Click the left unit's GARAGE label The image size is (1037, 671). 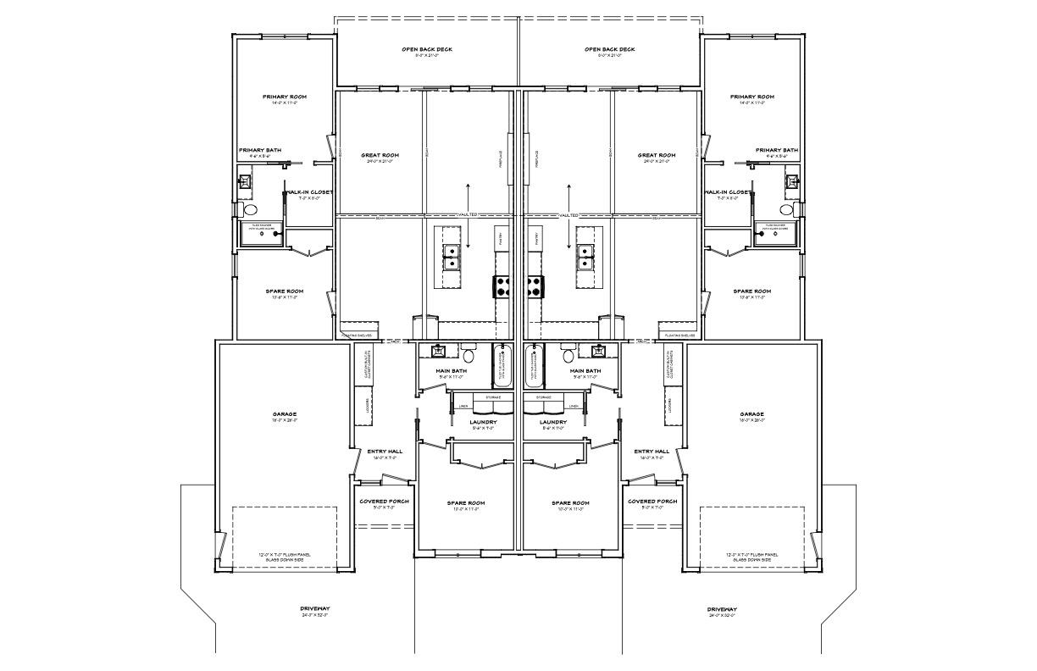click(x=285, y=414)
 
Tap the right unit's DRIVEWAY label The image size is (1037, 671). click(x=722, y=609)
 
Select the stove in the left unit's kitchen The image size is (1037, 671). click(x=501, y=287)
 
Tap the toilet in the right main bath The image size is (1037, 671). click(x=568, y=354)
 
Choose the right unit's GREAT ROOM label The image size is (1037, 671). click(x=657, y=155)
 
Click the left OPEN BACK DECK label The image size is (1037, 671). click(x=427, y=49)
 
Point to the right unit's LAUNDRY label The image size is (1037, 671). click(x=553, y=421)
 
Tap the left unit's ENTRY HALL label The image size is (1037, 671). click(x=385, y=451)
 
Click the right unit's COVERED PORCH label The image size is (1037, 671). click(x=652, y=501)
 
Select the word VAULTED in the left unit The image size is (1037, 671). click(x=467, y=215)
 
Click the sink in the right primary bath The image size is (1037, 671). click(x=792, y=180)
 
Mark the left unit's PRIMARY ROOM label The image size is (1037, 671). click(x=285, y=97)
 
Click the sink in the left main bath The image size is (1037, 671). click(x=438, y=351)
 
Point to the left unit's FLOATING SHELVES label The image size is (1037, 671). click(x=356, y=335)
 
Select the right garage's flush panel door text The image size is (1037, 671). click(x=752, y=557)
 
